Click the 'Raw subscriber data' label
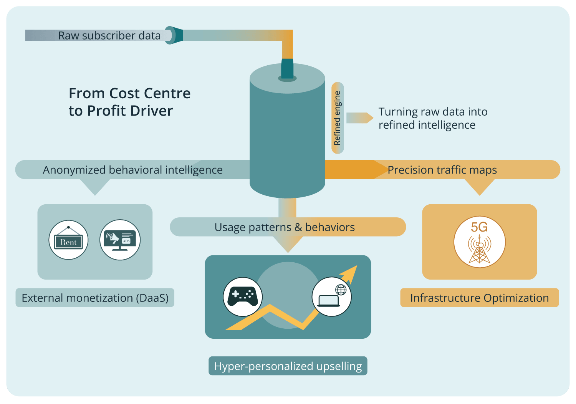click(109, 36)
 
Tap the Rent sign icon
click(68, 240)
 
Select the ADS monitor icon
click(120, 240)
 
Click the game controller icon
click(243, 297)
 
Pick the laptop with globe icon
click(331, 297)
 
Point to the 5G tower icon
click(479, 242)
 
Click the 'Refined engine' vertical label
click(338, 118)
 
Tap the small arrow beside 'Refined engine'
click(359, 118)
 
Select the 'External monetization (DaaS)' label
click(95, 298)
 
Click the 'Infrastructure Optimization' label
click(479, 298)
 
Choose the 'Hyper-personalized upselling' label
click(288, 366)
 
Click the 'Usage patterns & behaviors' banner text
click(285, 227)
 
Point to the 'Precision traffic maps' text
click(442, 170)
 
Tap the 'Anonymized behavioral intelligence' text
click(132, 170)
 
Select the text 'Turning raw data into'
click(433, 112)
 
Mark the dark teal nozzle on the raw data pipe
click(175, 35)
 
